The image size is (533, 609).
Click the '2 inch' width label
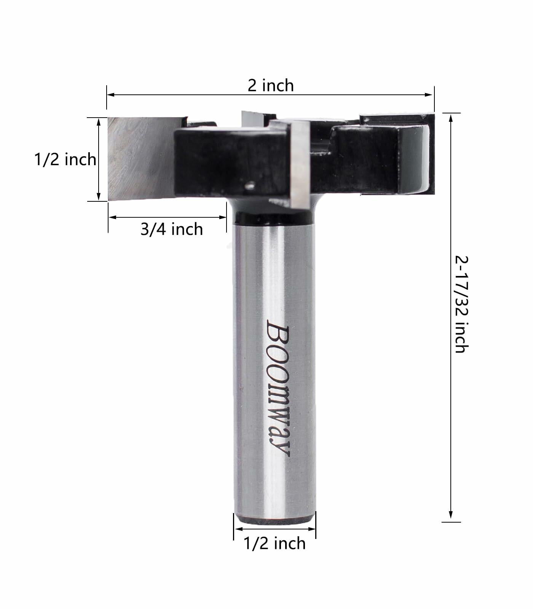point(271,85)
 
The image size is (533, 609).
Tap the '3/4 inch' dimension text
point(172,229)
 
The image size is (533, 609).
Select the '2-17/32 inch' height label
point(461,304)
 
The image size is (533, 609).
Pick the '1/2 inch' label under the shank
point(274,543)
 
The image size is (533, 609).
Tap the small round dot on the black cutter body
point(250,186)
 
